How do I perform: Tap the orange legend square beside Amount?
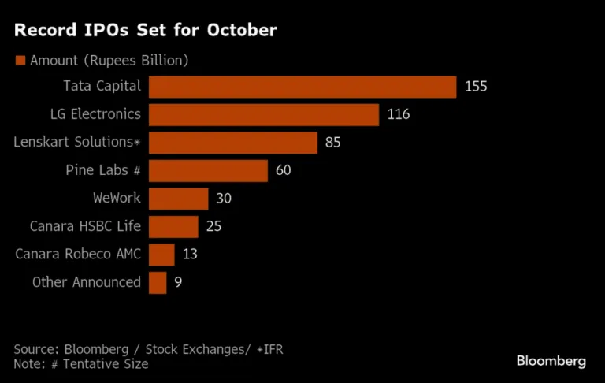pos(20,61)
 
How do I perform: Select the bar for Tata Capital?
pos(302,87)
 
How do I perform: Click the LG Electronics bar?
pos(264,114)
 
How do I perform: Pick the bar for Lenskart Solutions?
pos(233,143)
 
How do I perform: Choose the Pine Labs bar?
pos(209,170)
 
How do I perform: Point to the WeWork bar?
pos(179,199)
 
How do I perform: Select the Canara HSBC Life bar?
pos(173,226)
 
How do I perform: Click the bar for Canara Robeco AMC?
pos(161,255)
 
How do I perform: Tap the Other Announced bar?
pos(158,282)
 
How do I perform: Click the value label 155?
pos(476,87)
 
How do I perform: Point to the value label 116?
pos(399,114)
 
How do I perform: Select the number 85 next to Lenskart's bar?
pos(334,143)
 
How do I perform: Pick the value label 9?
pos(178,282)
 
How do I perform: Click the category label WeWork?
pos(117,199)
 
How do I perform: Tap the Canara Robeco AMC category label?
pos(79,255)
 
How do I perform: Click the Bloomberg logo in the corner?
pos(551,361)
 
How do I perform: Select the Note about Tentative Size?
pos(80,363)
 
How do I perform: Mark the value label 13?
pos(189,255)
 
